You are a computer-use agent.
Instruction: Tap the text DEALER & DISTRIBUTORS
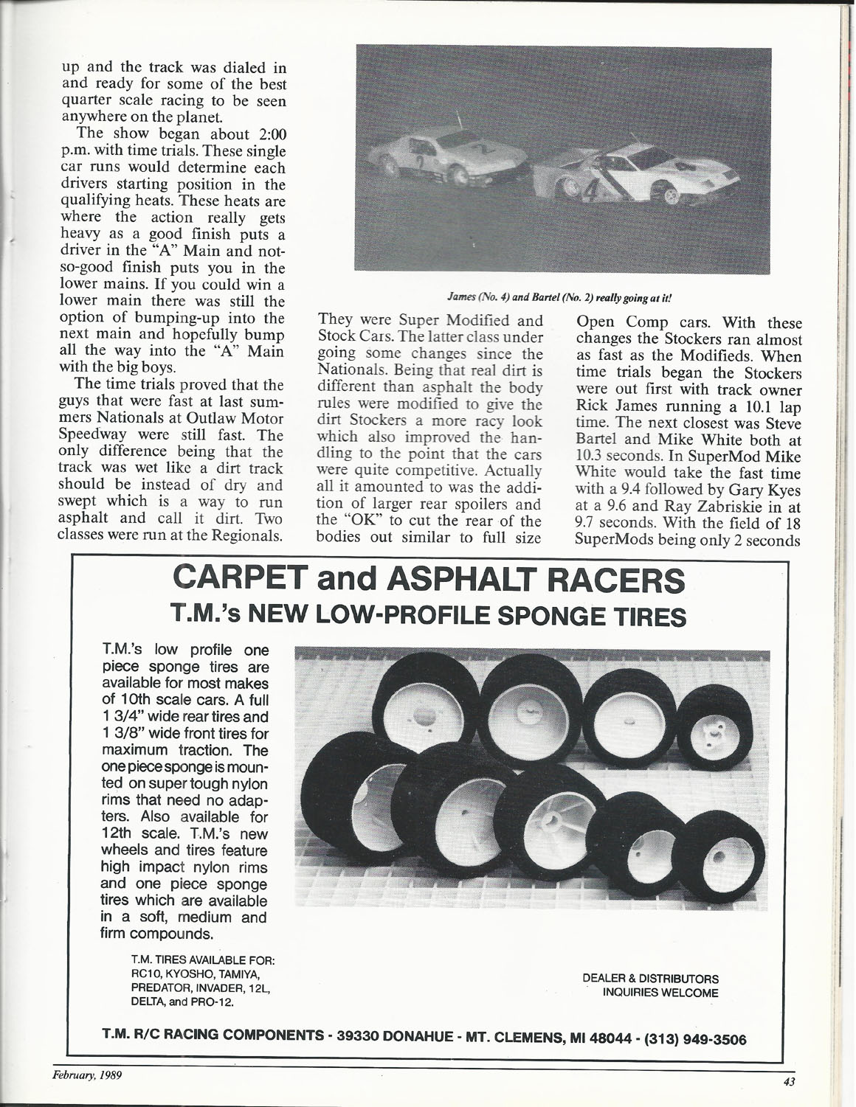coord(650,979)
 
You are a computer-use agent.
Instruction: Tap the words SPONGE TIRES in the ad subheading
coord(591,615)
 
